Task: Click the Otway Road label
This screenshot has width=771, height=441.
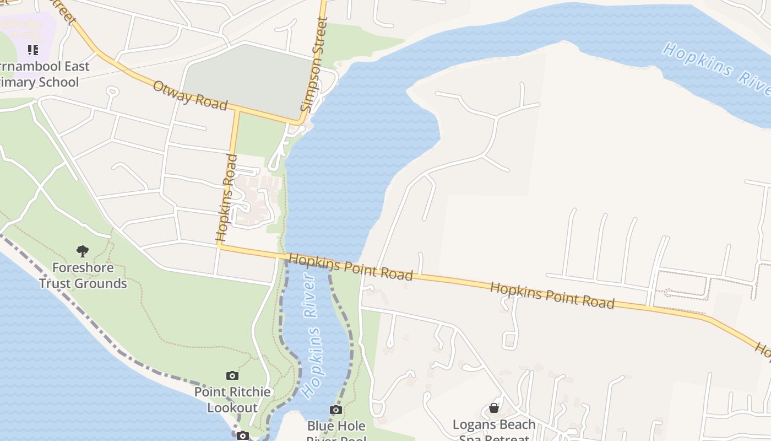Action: [189, 95]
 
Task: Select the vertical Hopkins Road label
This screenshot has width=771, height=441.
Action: [227, 198]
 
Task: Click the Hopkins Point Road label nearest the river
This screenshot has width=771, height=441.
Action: [350, 267]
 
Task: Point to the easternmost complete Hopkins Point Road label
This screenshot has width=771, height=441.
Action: [552, 295]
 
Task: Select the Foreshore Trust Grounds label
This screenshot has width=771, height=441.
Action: [83, 276]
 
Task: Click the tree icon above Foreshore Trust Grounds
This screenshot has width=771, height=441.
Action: [83, 252]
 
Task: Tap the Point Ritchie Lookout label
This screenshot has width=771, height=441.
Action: [232, 400]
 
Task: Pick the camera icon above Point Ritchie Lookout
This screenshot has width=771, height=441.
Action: [232, 376]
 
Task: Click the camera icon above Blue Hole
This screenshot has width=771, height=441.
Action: [336, 410]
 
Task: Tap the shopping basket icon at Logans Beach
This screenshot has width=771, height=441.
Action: [494, 408]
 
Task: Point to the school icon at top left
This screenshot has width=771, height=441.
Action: [33, 50]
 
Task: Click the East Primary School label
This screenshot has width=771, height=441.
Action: [44, 74]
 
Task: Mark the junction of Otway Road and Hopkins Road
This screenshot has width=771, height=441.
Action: [237, 110]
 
